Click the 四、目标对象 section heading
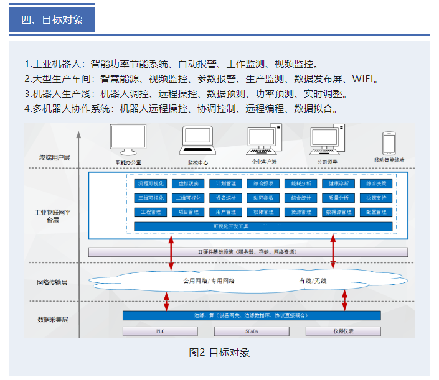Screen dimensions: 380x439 [52, 19]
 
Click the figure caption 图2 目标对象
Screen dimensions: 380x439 [219, 353]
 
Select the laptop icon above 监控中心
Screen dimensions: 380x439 [198, 141]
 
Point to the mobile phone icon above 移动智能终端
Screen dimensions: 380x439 [389, 143]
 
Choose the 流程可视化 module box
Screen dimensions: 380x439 [150, 184]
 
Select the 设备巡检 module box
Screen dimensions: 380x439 [225, 198]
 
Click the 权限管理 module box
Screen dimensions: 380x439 [263, 212]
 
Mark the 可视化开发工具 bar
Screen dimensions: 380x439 [263, 226]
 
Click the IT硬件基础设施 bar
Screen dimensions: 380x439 [248, 253]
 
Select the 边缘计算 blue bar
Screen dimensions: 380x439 [252, 316]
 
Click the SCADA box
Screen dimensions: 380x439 [252, 331]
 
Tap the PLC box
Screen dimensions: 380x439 [159, 331]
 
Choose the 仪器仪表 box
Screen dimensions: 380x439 [343, 331]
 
